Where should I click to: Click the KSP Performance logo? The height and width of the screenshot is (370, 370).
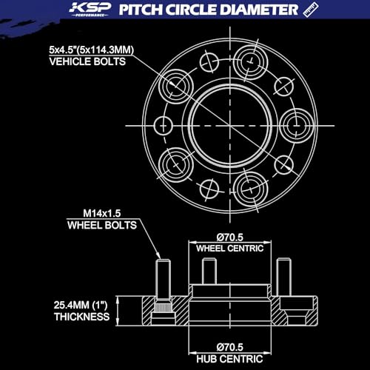pyautogui.click(x=90, y=10)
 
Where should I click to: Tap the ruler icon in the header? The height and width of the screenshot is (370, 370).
pyautogui.click(x=311, y=10)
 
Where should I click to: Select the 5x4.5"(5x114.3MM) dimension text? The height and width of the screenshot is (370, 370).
pyautogui.click(x=91, y=50)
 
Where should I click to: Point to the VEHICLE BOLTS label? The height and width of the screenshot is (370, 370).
pyautogui.click(x=87, y=61)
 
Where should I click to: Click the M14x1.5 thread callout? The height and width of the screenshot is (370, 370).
pyautogui.click(x=102, y=213)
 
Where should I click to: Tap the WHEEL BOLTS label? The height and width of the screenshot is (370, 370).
pyautogui.click(x=102, y=225)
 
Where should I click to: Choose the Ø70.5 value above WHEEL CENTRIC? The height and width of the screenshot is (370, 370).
pyautogui.click(x=230, y=238)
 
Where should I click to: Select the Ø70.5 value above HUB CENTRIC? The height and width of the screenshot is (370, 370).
pyautogui.click(x=230, y=347)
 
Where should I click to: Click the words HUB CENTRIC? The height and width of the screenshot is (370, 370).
pyautogui.click(x=229, y=359)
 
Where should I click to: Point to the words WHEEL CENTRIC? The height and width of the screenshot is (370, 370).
pyautogui.click(x=230, y=249)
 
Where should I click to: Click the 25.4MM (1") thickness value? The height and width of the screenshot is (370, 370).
pyautogui.click(x=81, y=306)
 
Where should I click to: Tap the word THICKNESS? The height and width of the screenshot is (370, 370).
pyautogui.click(x=82, y=317)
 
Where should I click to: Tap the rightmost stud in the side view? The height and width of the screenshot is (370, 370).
pyautogui.click(x=283, y=277)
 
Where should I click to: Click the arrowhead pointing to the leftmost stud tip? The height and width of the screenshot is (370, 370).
pyautogui.click(x=158, y=255)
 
